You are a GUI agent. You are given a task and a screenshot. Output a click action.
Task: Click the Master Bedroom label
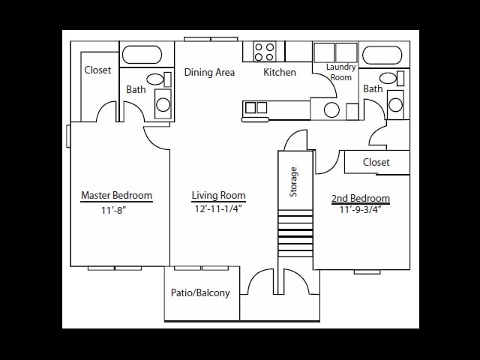pos(116,196)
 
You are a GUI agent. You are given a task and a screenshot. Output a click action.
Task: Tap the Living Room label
pos(218,196)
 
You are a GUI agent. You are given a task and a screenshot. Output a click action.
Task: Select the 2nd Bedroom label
pos(360,199)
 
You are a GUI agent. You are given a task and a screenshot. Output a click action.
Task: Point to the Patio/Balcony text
pos(200,293)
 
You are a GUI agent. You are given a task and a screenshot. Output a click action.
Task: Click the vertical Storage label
pos(294,181)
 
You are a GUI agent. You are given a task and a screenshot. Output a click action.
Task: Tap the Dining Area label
pos(209,73)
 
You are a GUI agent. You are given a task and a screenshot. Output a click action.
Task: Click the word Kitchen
pos(279,73)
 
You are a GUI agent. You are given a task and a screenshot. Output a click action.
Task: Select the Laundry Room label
pos(340,72)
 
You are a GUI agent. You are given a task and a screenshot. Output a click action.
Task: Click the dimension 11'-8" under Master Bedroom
pos(113,210)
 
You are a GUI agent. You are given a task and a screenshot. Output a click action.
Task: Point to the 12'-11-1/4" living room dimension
pos(218,209)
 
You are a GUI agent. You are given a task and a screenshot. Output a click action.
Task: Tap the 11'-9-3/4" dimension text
pos(360,210)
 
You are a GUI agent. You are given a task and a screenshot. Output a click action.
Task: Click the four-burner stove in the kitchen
pos(264,52)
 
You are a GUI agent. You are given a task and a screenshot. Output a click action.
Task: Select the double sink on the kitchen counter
pos(256,108)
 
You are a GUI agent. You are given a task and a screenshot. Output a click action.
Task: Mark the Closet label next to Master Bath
pos(97,70)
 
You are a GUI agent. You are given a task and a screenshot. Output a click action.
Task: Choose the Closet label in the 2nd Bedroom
pos(376,162)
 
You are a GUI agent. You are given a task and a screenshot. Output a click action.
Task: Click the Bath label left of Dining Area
pos(136,89)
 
